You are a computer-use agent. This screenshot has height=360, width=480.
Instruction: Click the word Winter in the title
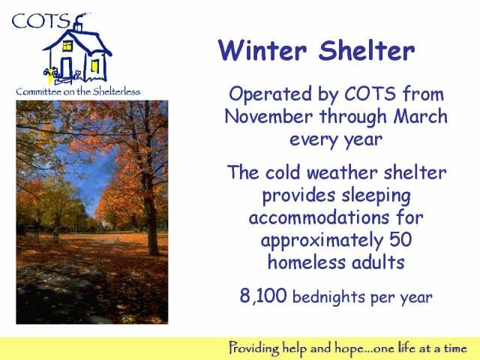coord(262,50)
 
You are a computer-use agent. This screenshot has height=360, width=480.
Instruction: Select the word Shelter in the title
coord(367,50)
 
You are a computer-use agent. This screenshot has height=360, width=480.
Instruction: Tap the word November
coord(268,117)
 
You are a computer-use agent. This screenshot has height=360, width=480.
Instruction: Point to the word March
coord(421,116)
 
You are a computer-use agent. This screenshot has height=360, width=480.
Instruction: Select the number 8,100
coord(263,295)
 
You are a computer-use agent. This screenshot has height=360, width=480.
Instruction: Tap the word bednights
coord(328,297)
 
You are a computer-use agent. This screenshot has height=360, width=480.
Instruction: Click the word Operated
coord(270,94)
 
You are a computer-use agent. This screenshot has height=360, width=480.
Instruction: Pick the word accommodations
coord(319,217)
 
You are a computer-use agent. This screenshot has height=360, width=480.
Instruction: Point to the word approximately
coord(322,241)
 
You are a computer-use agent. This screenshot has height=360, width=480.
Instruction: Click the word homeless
coord(307,262)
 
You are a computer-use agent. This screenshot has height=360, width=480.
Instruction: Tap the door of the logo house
coord(67,68)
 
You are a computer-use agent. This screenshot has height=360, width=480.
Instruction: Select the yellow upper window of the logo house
coord(67,46)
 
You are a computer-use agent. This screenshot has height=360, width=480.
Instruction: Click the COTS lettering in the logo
coord(40,21)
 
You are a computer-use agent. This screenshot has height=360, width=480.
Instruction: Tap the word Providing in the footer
coord(253,349)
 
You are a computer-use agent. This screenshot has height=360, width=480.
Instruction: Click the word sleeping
coord(376,196)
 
